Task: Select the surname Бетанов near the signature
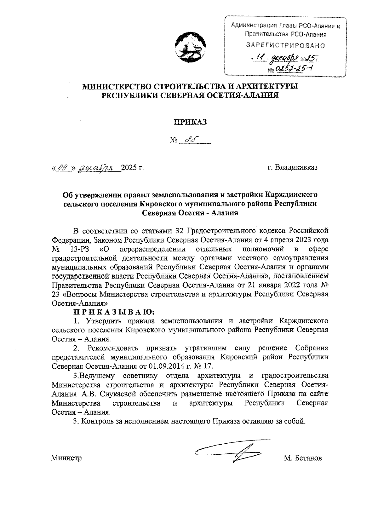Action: (307, 458)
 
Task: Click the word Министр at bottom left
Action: (66, 458)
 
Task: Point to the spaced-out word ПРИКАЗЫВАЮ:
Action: (114, 313)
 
